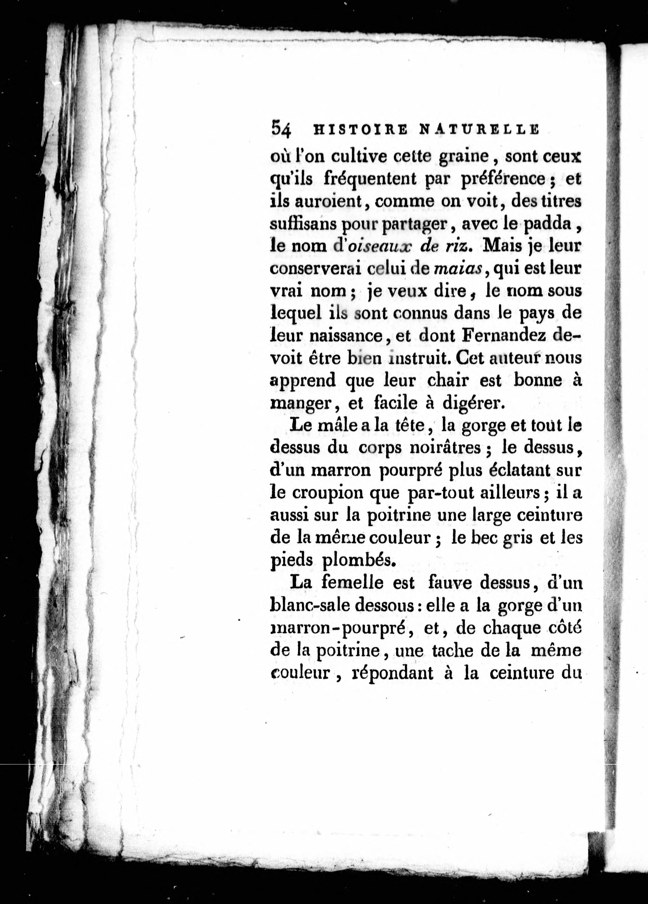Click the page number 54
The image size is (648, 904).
click(282, 129)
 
